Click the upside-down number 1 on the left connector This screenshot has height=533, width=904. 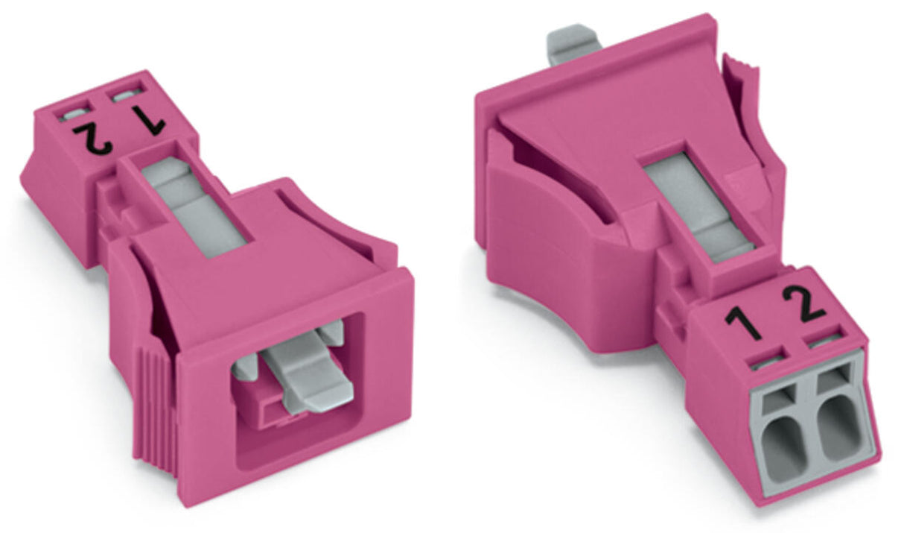[149, 120]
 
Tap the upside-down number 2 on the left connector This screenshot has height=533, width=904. [92, 139]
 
